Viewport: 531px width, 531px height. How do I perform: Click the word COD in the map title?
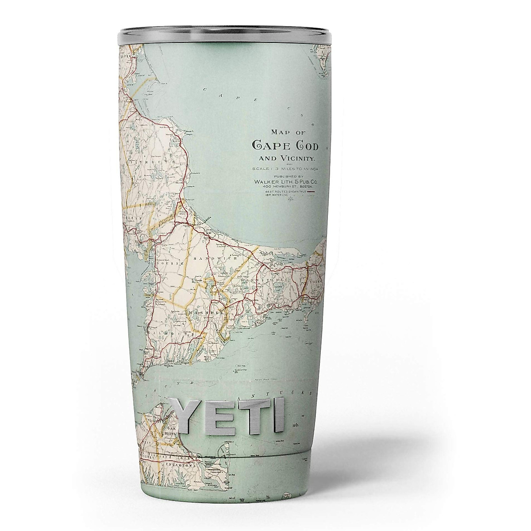point(303,146)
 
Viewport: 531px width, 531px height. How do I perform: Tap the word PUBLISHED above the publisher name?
point(285,176)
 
